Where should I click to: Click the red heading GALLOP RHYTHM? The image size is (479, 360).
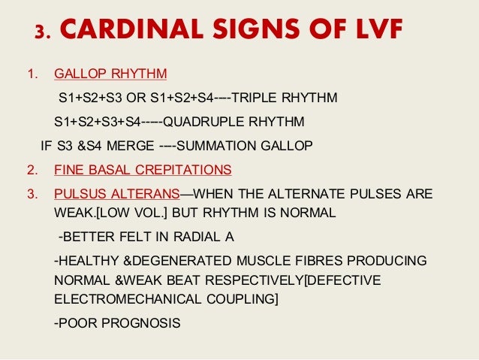coord(111,75)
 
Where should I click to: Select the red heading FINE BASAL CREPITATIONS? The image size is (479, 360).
coord(143,168)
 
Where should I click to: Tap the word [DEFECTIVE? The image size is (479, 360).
coord(339,280)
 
